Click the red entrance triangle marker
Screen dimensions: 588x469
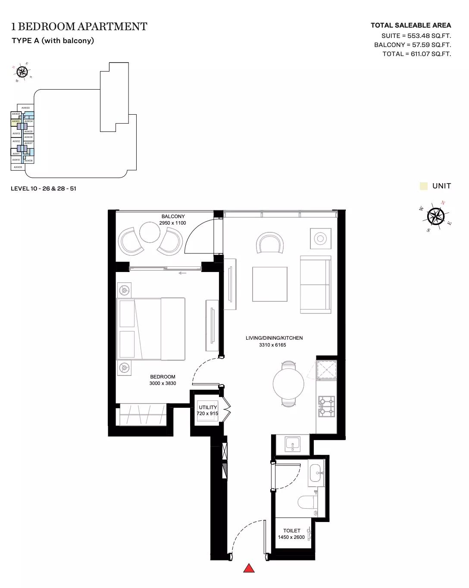coord(249,568)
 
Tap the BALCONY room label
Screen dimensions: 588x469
coord(173,216)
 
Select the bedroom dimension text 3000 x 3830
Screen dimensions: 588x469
coord(163,383)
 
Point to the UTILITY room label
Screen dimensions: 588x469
coord(208,407)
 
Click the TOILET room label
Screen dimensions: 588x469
coord(292,531)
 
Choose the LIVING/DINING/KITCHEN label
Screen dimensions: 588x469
coord(274,338)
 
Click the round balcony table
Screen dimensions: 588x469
coord(150,233)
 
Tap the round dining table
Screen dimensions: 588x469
coord(288,383)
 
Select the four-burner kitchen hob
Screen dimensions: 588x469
coord(327,407)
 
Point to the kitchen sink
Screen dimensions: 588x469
coord(293,444)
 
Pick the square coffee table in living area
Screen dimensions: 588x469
coord(270,284)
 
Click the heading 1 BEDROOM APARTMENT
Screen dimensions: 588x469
coord(79,27)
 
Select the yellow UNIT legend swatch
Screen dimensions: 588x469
coord(424,186)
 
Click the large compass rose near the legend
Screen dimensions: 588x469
coord(436,216)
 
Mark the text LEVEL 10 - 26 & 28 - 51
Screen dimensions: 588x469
coord(44,188)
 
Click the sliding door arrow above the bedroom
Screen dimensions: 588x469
coord(182,273)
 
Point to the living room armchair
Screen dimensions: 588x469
coord(270,244)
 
